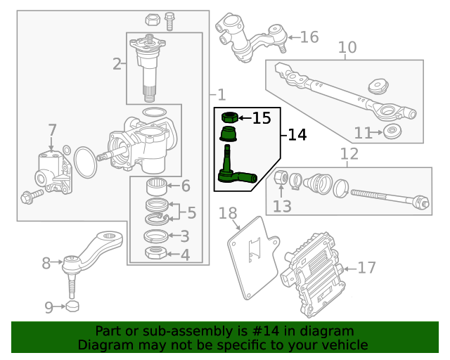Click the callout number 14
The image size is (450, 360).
[297, 134]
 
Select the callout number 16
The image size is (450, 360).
[309, 37]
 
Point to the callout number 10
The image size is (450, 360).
[347, 48]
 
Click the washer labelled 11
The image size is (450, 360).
[392, 131]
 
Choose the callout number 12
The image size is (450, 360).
[349, 153]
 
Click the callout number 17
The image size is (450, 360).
[367, 267]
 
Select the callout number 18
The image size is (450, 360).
[228, 213]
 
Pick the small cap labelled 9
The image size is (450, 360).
[72, 307]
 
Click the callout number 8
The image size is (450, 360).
[46, 264]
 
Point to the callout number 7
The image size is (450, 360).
[52, 130]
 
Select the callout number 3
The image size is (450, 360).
[184, 237]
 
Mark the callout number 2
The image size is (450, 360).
[117, 65]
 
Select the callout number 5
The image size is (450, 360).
[191, 211]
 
